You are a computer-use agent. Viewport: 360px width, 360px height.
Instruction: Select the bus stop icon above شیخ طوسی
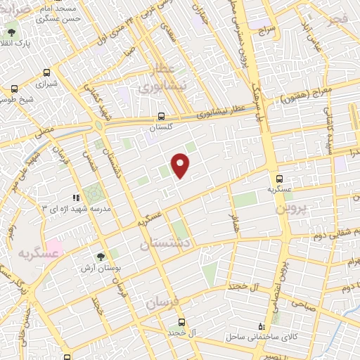click(15, 89)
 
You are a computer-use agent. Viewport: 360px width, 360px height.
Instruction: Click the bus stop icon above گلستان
click(162, 117)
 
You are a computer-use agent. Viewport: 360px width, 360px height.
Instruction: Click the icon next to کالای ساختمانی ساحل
click(262, 326)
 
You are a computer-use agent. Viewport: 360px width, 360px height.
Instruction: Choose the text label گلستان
click(161, 128)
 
